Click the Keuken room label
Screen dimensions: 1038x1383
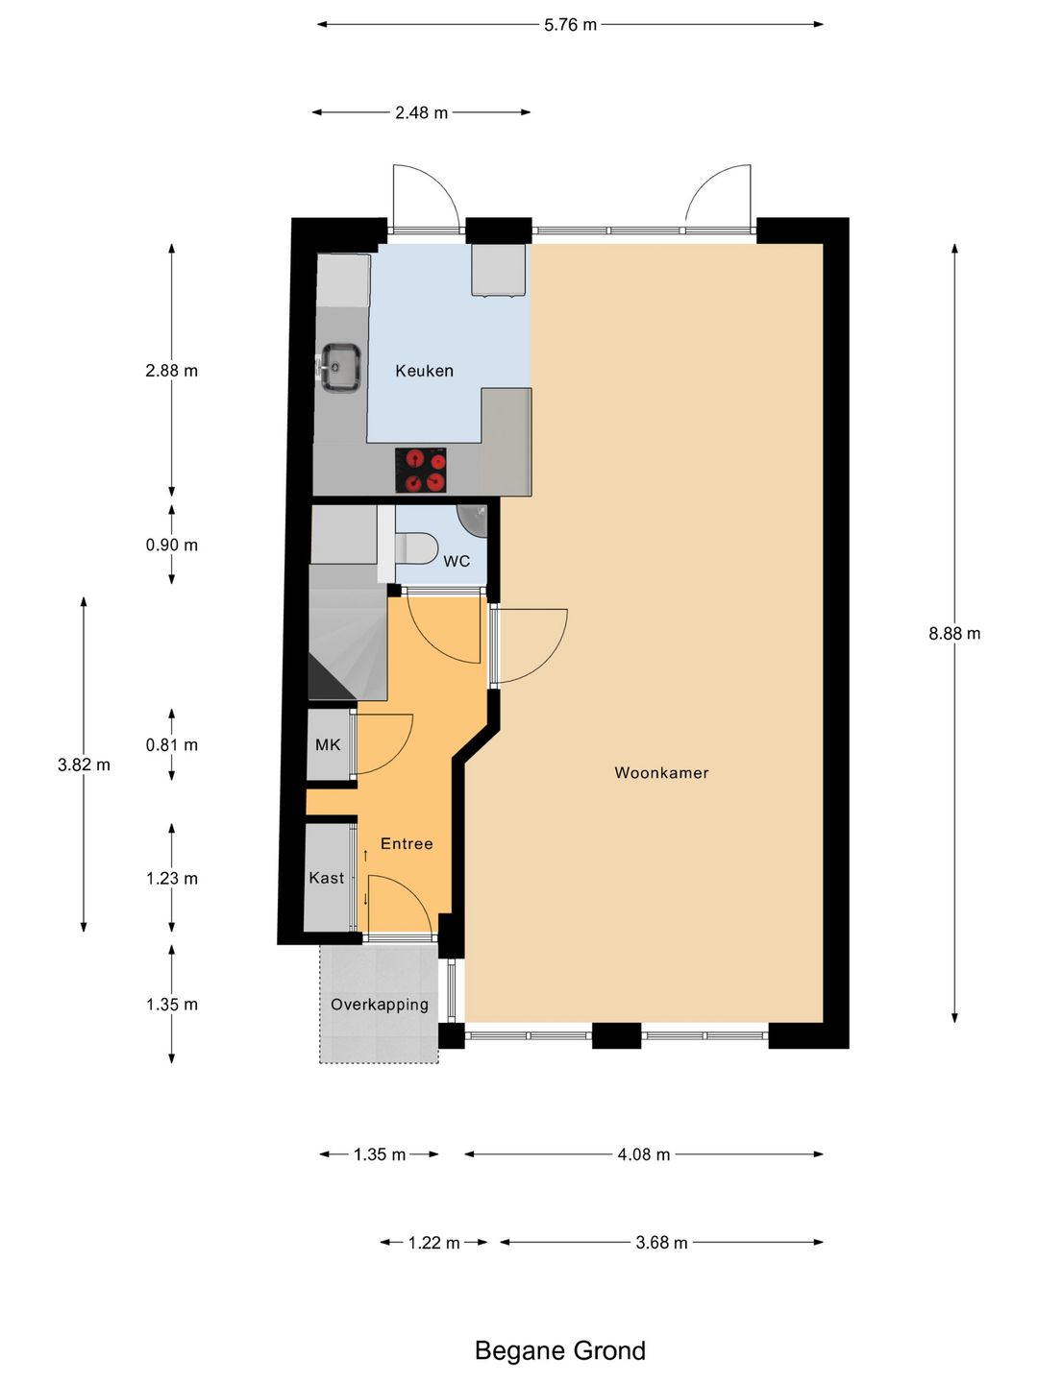click(x=424, y=371)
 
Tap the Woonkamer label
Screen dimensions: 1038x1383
click(x=661, y=772)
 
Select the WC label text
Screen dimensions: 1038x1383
click(x=457, y=561)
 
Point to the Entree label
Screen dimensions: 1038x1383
click(x=407, y=843)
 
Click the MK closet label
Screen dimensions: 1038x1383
click(x=327, y=744)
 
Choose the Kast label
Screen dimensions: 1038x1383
click(x=327, y=878)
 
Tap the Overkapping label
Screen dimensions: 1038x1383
click(x=380, y=1005)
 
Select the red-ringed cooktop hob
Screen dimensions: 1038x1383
click(x=420, y=470)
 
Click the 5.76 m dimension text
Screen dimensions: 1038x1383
click(x=570, y=25)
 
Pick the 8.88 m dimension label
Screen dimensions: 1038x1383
click(x=954, y=634)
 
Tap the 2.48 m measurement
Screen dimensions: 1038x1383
click(x=421, y=112)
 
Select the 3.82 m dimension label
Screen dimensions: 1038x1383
click(x=84, y=764)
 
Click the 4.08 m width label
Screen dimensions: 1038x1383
click(x=644, y=1154)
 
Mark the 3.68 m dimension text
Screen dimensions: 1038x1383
click(x=661, y=1243)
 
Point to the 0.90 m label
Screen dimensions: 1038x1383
click(x=171, y=545)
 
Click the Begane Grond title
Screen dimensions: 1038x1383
click(x=560, y=1351)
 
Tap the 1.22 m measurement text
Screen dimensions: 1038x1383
click(x=433, y=1243)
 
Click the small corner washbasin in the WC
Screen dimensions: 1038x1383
click(x=474, y=522)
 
